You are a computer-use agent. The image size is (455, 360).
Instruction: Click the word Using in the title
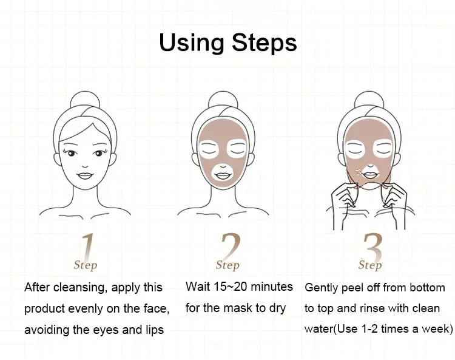point(192,42)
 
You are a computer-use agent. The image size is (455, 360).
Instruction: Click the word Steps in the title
point(265,42)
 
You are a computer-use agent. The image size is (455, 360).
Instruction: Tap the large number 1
point(87,246)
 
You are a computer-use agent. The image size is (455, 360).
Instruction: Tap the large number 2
point(230,246)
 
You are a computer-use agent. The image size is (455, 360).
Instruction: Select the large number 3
point(372,246)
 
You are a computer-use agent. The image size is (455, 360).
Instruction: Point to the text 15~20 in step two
point(231,287)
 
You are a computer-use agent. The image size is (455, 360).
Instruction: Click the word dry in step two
point(278,308)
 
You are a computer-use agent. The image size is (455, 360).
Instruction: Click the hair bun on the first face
point(85,100)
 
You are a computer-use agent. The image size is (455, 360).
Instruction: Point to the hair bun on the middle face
point(223,100)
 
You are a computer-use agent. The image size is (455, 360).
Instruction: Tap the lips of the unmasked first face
point(85,175)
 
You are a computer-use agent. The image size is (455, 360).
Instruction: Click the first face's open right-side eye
point(99,153)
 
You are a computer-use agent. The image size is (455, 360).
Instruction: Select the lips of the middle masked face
point(223,175)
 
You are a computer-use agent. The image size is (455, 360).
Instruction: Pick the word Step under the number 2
point(227,265)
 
